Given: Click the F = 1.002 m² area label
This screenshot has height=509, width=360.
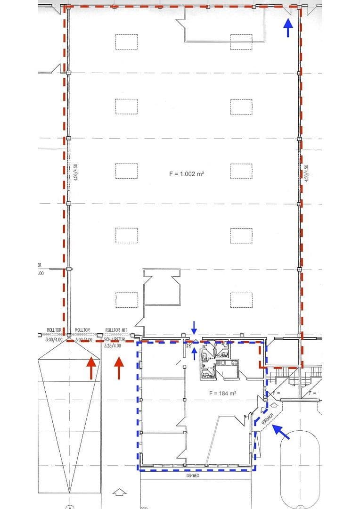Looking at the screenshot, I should [x=186, y=174].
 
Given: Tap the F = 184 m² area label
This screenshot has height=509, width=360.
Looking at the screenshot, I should [x=222, y=393].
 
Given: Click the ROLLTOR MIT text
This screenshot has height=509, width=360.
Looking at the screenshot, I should [x=116, y=330].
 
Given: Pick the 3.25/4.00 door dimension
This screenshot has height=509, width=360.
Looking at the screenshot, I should [x=112, y=345].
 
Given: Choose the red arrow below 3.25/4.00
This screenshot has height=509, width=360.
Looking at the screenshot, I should [x=119, y=368].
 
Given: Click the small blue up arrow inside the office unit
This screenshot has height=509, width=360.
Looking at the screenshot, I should [x=195, y=353].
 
